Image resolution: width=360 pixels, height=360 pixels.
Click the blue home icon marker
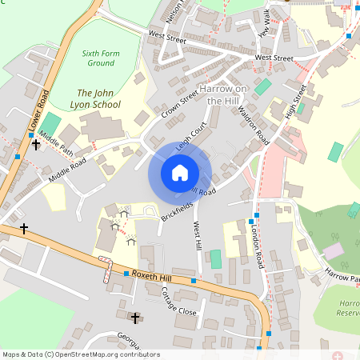pyautogui.click(x=180, y=172)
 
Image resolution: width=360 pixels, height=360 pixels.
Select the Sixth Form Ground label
pyautogui.click(x=102, y=58)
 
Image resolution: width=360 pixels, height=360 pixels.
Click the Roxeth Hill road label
pyautogui.click(x=153, y=275)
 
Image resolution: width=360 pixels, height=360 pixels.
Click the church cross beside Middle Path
pyautogui.click(x=35, y=146)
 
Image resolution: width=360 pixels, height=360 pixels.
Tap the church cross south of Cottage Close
pyautogui.click(x=135, y=318)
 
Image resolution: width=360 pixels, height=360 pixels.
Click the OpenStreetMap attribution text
pyautogui.click(x=80, y=354)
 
